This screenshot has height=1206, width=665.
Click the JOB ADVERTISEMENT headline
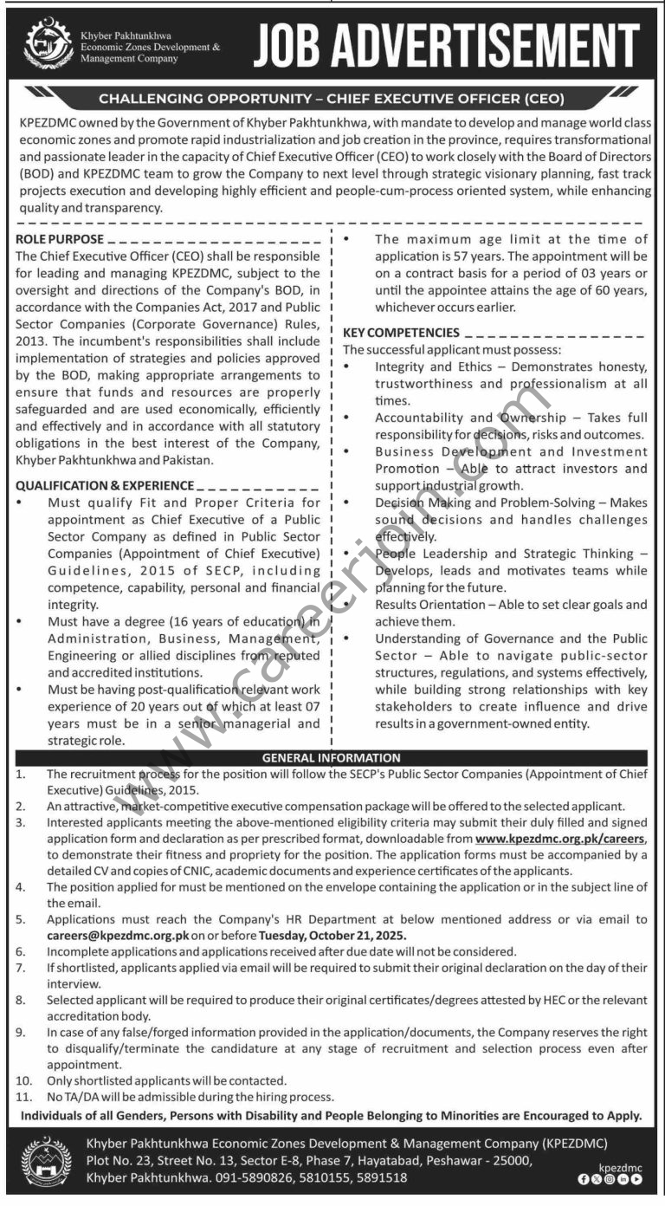pos(445,46)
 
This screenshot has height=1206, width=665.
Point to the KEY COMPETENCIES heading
pos(401,332)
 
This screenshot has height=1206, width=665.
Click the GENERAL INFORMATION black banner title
pos(332,757)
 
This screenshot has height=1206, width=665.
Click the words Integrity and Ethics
pos(421,366)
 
